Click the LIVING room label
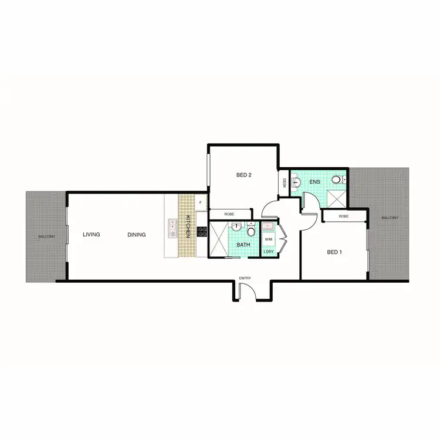(x=91, y=235)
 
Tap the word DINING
(x=136, y=235)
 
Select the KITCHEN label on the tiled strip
(x=188, y=226)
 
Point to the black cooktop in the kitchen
(x=202, y=231)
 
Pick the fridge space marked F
(x=201, y=203)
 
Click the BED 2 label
(x=244, y=175)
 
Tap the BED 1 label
(x=334, y=252)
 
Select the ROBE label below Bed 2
(x=229, y=214)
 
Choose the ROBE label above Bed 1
(x=344, y=216)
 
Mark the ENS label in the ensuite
(x=315, y=182)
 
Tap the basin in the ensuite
(x=296, y=182)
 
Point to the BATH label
(x=243, y=245)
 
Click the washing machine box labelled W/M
(x=269, y=239)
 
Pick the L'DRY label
(x=269, y=252)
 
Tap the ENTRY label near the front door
(x=245, y=279)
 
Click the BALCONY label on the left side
(x=47, y=236)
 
